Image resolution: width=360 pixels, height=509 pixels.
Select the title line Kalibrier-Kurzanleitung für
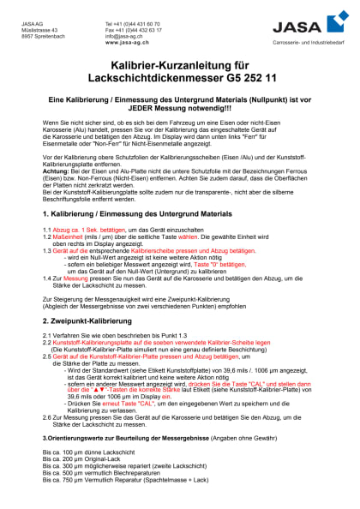pyautogui.click(x=178, y=66)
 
